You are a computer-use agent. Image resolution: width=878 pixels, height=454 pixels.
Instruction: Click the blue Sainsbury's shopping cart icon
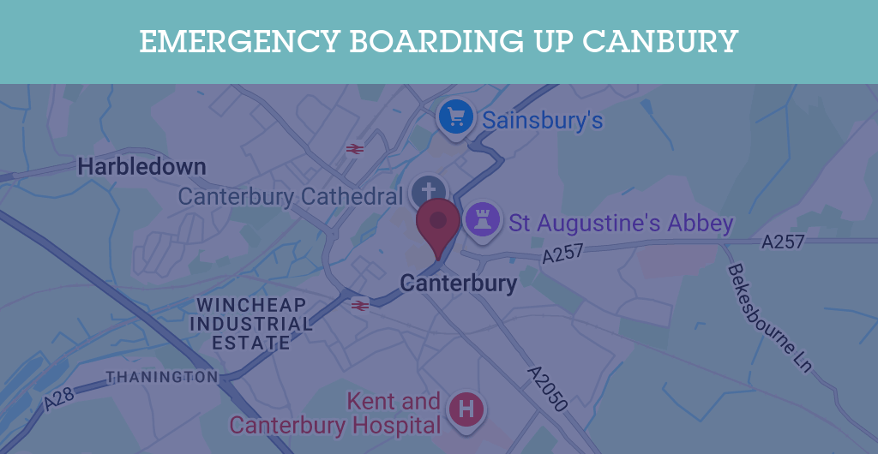pyautogui.click(x=455, y=116)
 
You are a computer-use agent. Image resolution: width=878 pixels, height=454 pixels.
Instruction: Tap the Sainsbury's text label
pyautogui.click(x=543, y=120)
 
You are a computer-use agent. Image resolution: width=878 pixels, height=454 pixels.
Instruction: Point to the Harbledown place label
pyautogui.click(x=141, y=166)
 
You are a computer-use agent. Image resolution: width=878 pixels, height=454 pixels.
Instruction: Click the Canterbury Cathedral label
pyautogui.click(x=290, y=196)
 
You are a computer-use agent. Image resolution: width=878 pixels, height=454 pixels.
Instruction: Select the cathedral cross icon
pyautogui.click(x=428, y=190)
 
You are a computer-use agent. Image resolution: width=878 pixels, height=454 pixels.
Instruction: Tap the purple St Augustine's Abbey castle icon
pyautogui.click(x=482, y=220)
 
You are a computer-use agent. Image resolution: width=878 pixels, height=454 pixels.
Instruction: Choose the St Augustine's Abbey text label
pyautogui.click(x=622, y=224)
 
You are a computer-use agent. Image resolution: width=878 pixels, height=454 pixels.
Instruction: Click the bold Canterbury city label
pyautogui.click(x=459, y=283)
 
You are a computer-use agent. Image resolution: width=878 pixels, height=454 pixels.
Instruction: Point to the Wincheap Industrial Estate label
pyautogui.click(x=251, y=324)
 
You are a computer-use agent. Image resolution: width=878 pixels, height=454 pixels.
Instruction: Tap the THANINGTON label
pyautogui.click(x=162, y=377)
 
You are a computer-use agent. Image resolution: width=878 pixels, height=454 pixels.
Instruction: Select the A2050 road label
pyautogui.click(x=548, y=388)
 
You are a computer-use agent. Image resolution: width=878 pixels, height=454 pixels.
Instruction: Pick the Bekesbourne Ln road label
pyautogui.click(x=769, y=318)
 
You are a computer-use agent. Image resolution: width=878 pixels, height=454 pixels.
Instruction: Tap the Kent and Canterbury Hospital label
pyautogui.click(x=335, y=413)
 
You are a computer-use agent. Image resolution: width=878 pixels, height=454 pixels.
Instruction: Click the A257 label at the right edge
pyautogui.click(x=783, y=242)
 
